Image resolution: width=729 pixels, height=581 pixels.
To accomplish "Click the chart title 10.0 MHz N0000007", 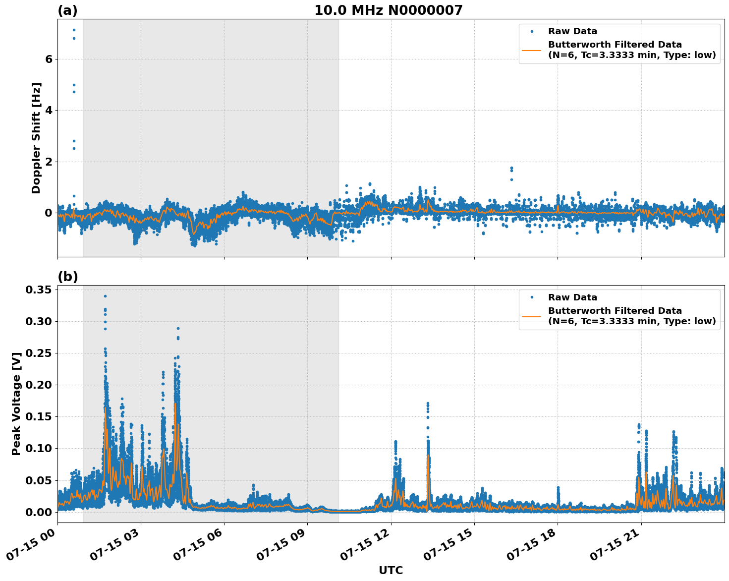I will pos(388,10).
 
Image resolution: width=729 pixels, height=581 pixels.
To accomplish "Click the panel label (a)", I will pos(67,10).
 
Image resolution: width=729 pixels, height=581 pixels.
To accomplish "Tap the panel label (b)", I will pos(67,277).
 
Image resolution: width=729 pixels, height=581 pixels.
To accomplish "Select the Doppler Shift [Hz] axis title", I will pos(36,138).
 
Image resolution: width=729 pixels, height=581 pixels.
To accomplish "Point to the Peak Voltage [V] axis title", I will pos(16,404).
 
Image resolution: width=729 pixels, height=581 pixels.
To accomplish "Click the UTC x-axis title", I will pos(391,570).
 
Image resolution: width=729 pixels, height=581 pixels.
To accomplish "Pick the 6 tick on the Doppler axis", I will pos(49,59).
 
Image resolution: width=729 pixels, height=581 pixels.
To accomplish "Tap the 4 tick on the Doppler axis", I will pos(49,110).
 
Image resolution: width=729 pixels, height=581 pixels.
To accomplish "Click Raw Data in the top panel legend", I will pos(572,31).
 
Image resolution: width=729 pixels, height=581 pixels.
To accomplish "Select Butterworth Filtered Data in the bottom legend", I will pos(615,311).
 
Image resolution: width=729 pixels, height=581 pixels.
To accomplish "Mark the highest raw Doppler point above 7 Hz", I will pos(74,30).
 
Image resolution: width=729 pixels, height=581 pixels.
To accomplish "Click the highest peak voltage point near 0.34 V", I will pos(105,296).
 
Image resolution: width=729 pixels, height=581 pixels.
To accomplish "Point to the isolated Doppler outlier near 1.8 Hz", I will pos(511,168).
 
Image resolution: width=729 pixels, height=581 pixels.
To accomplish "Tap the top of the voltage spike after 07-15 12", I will pos(428,404).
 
